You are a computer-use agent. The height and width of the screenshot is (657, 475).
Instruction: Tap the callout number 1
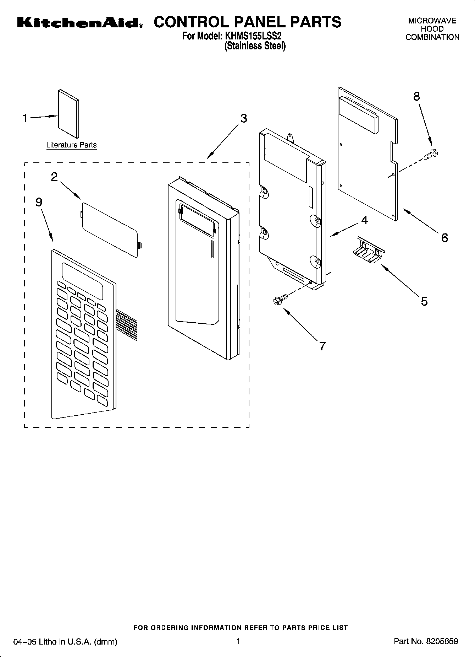click(25, 118)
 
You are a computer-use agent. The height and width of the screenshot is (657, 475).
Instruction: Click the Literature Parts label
click(71, 145)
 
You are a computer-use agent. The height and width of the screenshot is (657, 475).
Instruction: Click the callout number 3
click(243, 118)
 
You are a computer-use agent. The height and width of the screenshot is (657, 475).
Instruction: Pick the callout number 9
click(39, 202)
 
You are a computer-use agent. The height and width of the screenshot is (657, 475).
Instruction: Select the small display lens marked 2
click(110, 229)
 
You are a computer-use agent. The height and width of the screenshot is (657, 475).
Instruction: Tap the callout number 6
click(444, 237)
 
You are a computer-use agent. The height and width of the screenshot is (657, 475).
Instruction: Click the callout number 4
click(364, 220)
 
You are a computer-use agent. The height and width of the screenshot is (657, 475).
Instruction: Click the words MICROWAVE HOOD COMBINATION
click(432, 29)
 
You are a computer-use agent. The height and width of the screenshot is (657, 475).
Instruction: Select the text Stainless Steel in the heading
click(255, 46)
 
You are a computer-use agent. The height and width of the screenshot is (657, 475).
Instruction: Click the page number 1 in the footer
click(238, 641)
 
